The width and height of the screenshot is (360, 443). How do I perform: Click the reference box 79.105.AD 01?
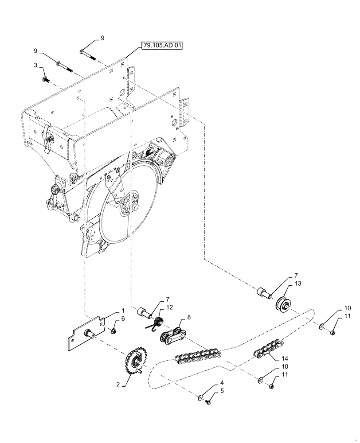(x=162, y=45)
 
